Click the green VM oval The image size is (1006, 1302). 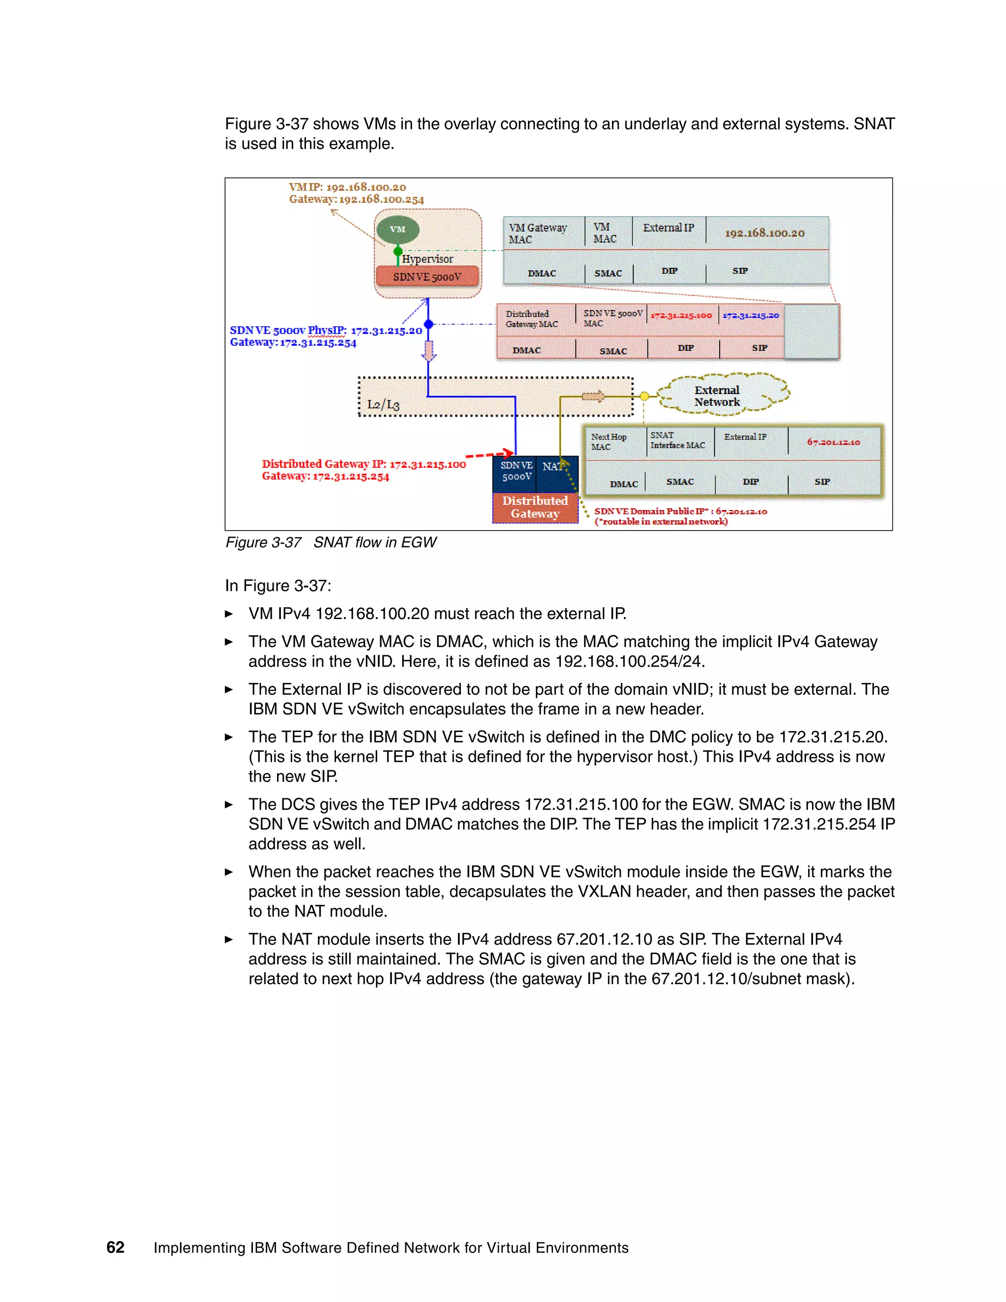[397, 229]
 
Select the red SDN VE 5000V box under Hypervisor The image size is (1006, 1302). [427, 277]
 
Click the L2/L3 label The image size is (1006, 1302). [383, 404]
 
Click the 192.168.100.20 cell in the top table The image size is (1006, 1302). [765, 233]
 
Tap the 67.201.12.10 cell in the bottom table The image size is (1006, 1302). [833, 442]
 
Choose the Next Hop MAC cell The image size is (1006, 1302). [609, 442]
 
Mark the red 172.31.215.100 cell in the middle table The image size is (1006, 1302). [681, 315]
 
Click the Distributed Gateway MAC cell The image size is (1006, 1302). [531, 319]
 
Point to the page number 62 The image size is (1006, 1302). [115, 1247]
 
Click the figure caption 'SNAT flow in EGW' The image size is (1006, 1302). [375, 542]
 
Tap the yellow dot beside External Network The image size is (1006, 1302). [644, 396]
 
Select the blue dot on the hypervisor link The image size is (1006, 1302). [428, 324]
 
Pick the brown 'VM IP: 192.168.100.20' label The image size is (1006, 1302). [347, 187]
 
